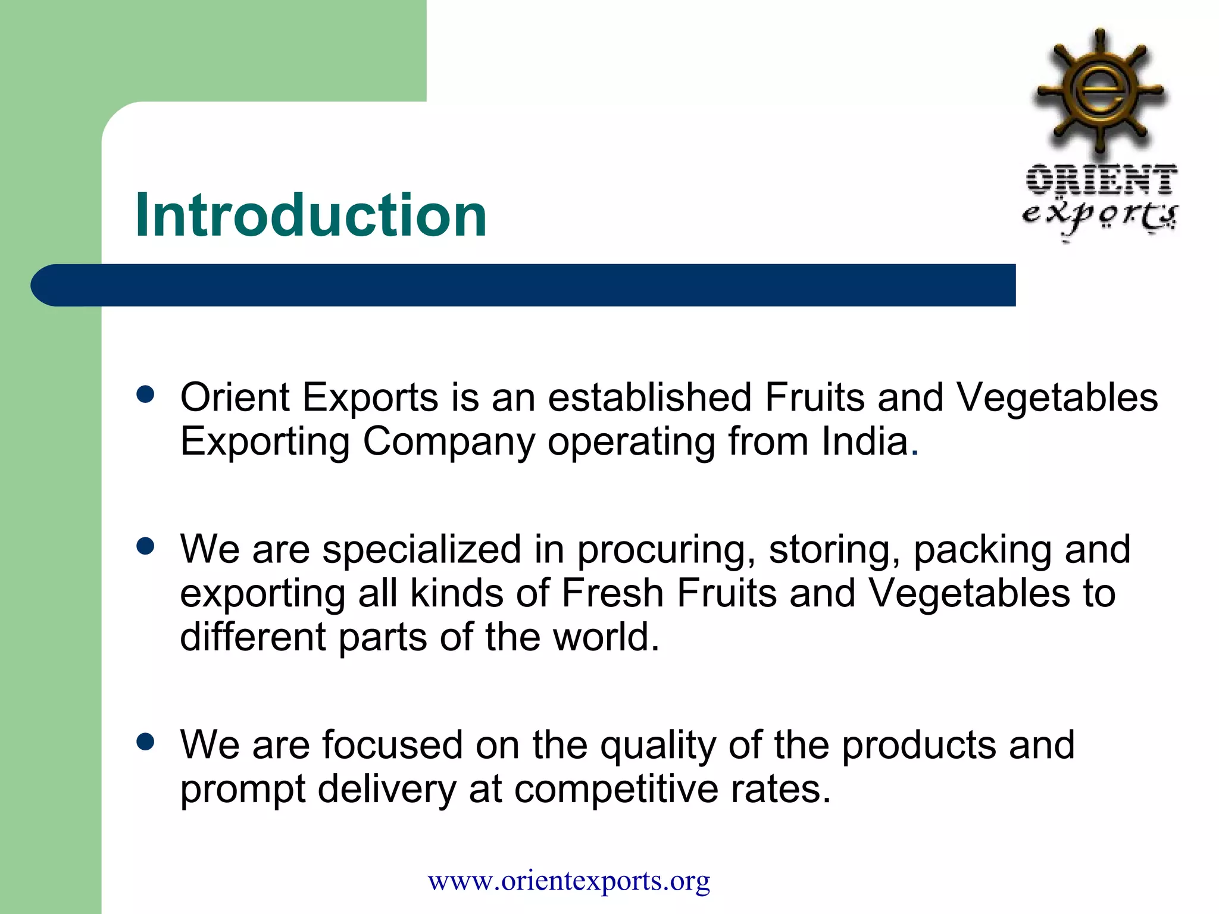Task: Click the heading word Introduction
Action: [311, 215]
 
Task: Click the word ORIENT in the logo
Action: [1101, 179]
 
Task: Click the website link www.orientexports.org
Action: [568, 880]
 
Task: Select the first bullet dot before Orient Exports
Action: [145, 395]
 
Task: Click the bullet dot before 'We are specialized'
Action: [145, 546]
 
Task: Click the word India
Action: [865, 442]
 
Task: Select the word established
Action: [649, 397]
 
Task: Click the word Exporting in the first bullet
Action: [265, 443]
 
